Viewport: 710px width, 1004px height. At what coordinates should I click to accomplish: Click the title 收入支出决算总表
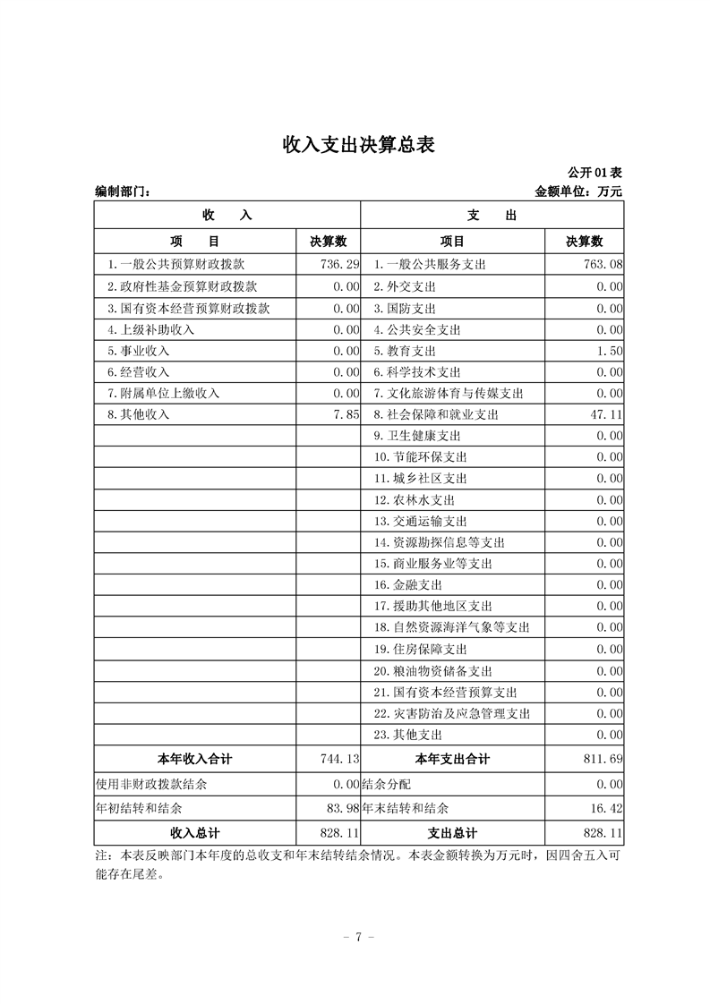point(358,144)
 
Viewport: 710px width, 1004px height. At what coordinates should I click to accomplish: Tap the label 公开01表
point(595,172)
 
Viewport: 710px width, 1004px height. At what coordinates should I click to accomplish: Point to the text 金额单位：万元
point(577,191)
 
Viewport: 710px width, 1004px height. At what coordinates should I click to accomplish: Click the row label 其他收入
point(138,415)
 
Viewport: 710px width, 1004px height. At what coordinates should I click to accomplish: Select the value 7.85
point(346,415)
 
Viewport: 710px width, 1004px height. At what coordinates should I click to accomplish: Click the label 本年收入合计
point(195,760)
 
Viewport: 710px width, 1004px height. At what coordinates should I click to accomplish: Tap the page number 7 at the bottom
point(357,937)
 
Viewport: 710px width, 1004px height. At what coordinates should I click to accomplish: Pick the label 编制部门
point(123,191)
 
